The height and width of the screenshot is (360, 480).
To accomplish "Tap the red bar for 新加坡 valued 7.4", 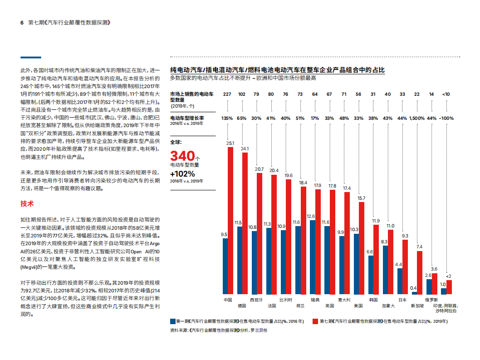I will point(420,273).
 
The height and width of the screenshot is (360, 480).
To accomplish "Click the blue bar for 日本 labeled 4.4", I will point(400,281).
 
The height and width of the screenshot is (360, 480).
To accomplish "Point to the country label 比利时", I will point(285,300).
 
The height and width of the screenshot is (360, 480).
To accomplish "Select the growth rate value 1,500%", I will point(417,118).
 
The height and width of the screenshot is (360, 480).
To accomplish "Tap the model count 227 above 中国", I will point(227,94).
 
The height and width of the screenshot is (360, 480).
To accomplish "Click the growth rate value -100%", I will point(447,118).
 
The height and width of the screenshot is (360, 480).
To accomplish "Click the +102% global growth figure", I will point(182,174).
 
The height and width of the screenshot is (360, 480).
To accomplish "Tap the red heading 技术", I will point(27,203).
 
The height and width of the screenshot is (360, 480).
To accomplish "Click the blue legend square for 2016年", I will point(172,321).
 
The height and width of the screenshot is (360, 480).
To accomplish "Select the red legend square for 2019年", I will point(315,321).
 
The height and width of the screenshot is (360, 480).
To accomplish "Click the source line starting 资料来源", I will point(219,330).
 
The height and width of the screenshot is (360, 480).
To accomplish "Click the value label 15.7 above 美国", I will point(361,198).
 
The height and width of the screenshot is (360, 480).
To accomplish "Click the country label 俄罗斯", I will point(431,300).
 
